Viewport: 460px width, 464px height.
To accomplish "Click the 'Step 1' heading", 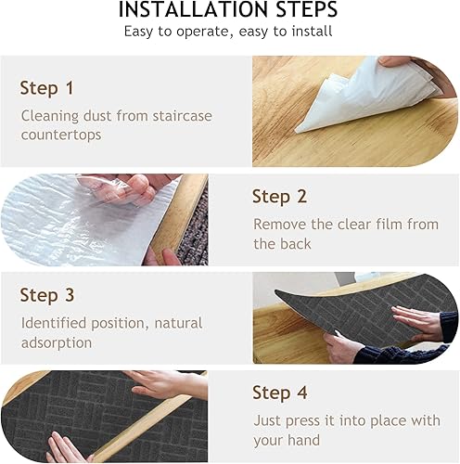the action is pyautogui.click(x=46, y=88).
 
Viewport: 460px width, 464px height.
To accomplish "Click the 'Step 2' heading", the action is pyautogui.click(x=279, y=197).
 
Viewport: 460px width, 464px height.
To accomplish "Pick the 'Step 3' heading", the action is pyautogui.click(x=47, y=295).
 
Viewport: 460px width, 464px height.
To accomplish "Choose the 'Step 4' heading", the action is pyautogui.click(x=280, y=393).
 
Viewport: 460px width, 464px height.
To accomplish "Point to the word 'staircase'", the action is pyautogui.click(x=183, y=116).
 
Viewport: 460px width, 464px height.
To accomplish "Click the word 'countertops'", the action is pyautogui.click(x=61, y=135).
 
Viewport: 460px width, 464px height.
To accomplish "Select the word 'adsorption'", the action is pyautogui.click(x=57, y=343).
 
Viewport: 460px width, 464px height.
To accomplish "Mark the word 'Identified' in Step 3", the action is pyautogui.click(x=54, y=323).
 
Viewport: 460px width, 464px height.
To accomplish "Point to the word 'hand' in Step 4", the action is pyautogui.click(x=304, y=440).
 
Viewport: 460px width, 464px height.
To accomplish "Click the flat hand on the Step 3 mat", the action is pyautogui.click(x=415, y=322).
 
